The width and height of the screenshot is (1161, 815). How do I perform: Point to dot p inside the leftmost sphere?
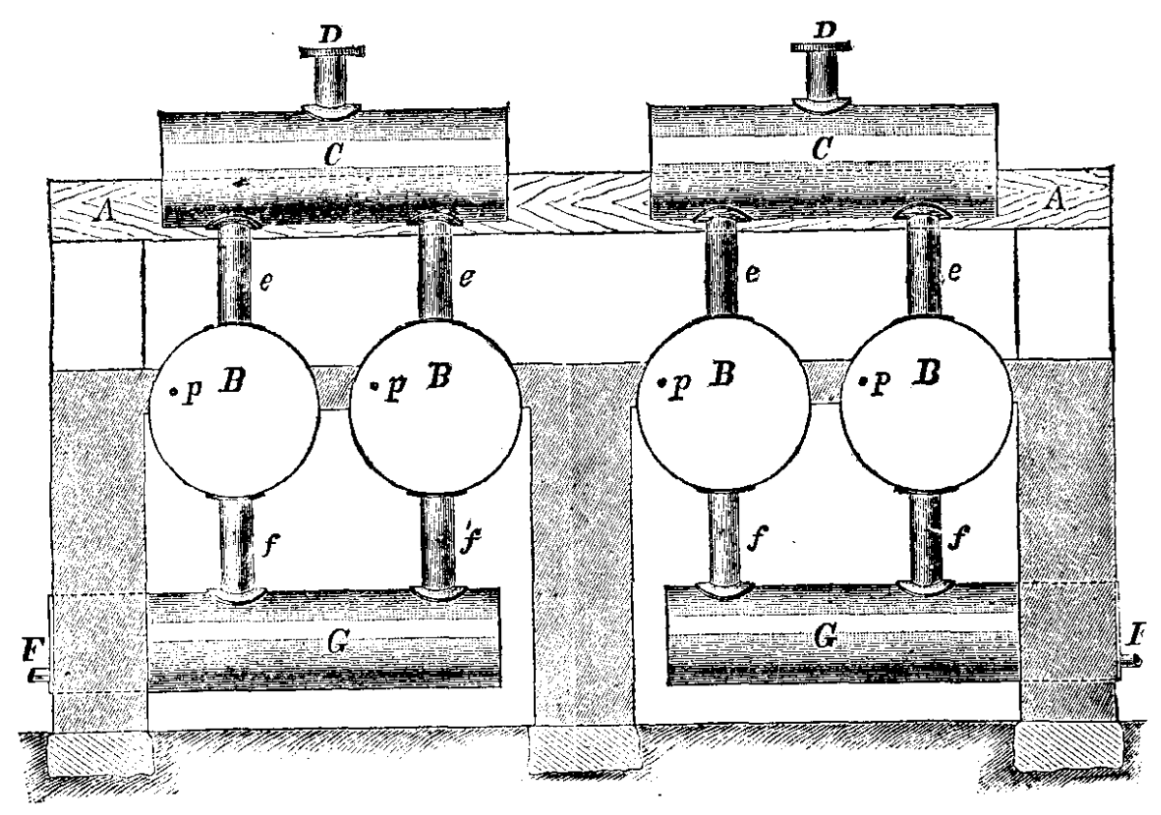click(174, 391)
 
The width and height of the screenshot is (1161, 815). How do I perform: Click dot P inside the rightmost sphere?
click(864, 381)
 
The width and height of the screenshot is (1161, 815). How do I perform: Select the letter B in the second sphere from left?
click(438, 377)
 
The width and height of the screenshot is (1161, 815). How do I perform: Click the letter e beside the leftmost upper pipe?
click(265, 280)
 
